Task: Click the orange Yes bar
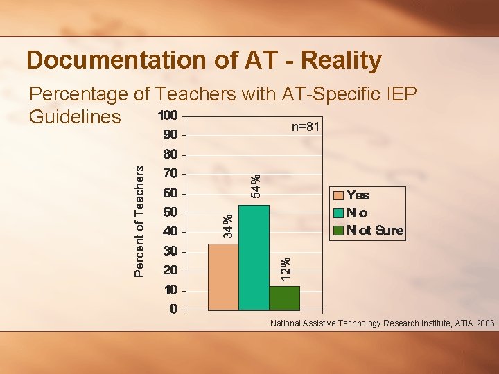tap(223, 276)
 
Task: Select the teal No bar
tap(254, 257)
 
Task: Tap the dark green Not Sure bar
tap(284, 297)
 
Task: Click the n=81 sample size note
tap(305, 127)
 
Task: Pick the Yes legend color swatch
tap(338, 195)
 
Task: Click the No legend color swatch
tap(338, 213)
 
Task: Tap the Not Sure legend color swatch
tap(338, 230)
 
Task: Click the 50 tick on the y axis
tap(170, 212)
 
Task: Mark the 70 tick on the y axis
tap(170, 172)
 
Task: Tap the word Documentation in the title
tap(108, 60)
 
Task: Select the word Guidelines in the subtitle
tap(75, 116)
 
